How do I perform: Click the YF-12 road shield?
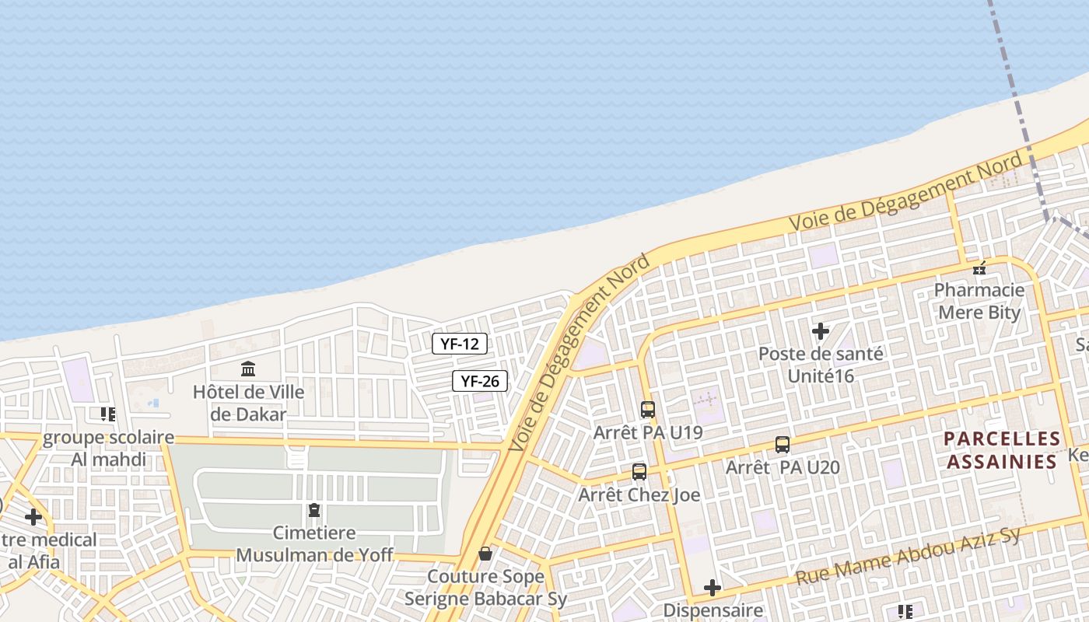point(460,344)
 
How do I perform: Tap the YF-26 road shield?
point(480,381)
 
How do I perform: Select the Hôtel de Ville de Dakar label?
point(249,403)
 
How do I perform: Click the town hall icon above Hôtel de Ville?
point(249,369)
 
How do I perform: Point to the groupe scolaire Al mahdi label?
point(108,448)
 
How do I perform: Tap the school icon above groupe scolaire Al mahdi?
point(108,414)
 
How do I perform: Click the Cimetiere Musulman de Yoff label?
point(314,543)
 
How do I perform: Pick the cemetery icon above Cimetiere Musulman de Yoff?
point(314,511)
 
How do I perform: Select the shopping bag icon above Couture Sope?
point(485,554)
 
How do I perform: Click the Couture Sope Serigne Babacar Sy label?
point(485,588)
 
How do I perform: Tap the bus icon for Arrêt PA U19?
point(648,409)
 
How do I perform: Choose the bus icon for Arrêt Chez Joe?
point(639,471)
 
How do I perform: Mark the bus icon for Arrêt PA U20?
point(783,445)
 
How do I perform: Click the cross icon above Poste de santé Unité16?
point(821,331)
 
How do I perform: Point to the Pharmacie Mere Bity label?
point(979,302)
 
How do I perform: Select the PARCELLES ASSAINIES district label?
point(1002,450)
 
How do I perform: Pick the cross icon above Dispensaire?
point(713,588)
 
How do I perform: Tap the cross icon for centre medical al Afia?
point(33,516)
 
